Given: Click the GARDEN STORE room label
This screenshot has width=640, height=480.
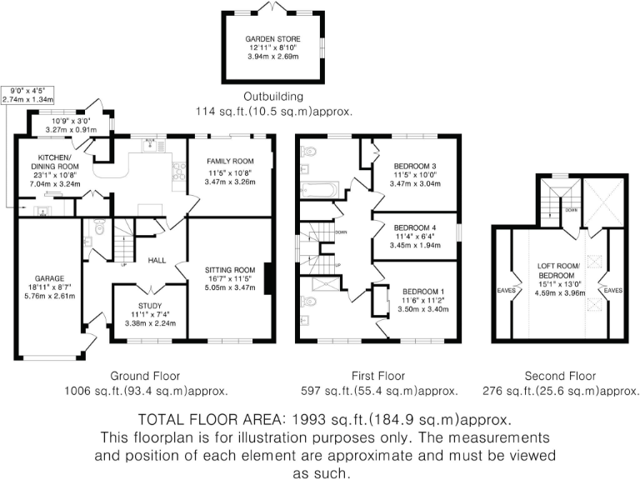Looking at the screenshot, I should [x=272, y=39].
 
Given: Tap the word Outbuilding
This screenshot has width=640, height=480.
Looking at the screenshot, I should [x=272, y=96].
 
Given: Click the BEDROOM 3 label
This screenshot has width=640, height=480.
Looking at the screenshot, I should [x=415, y=165].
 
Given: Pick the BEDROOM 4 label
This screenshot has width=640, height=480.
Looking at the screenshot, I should [x=415, y=227].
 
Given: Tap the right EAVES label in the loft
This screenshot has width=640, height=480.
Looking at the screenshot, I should [x=613, y=291].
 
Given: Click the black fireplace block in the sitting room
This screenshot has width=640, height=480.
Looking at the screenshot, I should [x=268, y=279].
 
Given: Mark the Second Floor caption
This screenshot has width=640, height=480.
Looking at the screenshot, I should [x=556, y=376].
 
